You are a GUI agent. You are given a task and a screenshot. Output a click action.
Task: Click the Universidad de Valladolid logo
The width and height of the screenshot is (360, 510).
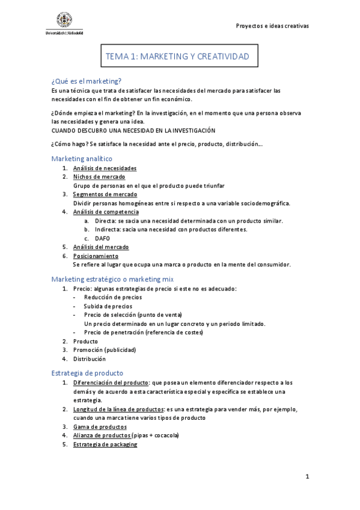[64, 23]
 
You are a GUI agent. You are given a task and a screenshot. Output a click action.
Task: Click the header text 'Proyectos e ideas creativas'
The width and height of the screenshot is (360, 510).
[272, 26]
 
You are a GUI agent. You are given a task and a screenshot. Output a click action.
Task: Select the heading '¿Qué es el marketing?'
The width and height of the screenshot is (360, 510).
[87, 81]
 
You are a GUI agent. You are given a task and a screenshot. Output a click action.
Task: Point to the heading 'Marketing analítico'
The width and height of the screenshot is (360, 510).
[82, 158]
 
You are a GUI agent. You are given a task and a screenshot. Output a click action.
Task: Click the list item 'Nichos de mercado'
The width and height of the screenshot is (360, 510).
[99, 177]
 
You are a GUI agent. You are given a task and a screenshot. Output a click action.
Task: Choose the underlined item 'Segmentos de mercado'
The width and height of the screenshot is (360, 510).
[105, 194]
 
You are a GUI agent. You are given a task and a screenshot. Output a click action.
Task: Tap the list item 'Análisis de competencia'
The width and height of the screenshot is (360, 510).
[106, 212]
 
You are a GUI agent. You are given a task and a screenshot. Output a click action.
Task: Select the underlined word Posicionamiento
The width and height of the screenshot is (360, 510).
[96, 256]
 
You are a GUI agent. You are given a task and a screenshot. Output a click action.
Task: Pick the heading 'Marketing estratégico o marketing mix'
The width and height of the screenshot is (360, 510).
[112, 279]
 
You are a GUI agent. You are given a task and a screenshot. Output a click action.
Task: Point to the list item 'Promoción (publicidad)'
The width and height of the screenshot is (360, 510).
[105, 350]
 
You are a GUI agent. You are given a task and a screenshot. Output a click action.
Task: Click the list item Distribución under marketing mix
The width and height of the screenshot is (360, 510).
[90, 358]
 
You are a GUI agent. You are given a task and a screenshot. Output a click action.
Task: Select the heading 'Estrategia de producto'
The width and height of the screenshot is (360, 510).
[87, 373]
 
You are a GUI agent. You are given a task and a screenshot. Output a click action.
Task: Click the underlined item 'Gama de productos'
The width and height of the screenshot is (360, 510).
[100, 426]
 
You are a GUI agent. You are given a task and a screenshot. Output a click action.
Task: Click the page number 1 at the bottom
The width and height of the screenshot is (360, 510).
[307, 477]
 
